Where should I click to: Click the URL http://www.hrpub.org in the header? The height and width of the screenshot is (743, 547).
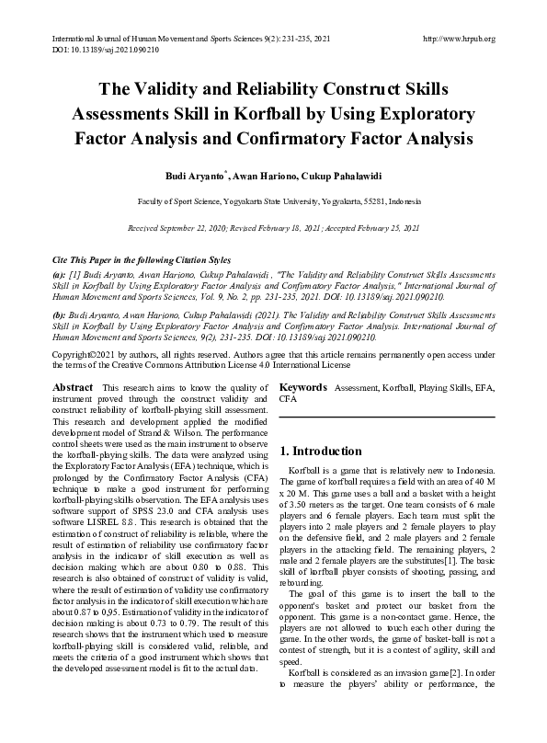tap(457, 40)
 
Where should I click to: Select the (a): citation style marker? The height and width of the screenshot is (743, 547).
tap(59, 275)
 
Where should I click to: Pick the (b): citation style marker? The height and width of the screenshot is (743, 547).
tap(59, 314)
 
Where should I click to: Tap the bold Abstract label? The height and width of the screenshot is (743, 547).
tap(74, 388)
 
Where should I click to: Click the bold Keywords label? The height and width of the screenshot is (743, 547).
tap(303, 388)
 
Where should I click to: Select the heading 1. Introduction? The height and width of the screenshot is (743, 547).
tap(321, 452)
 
